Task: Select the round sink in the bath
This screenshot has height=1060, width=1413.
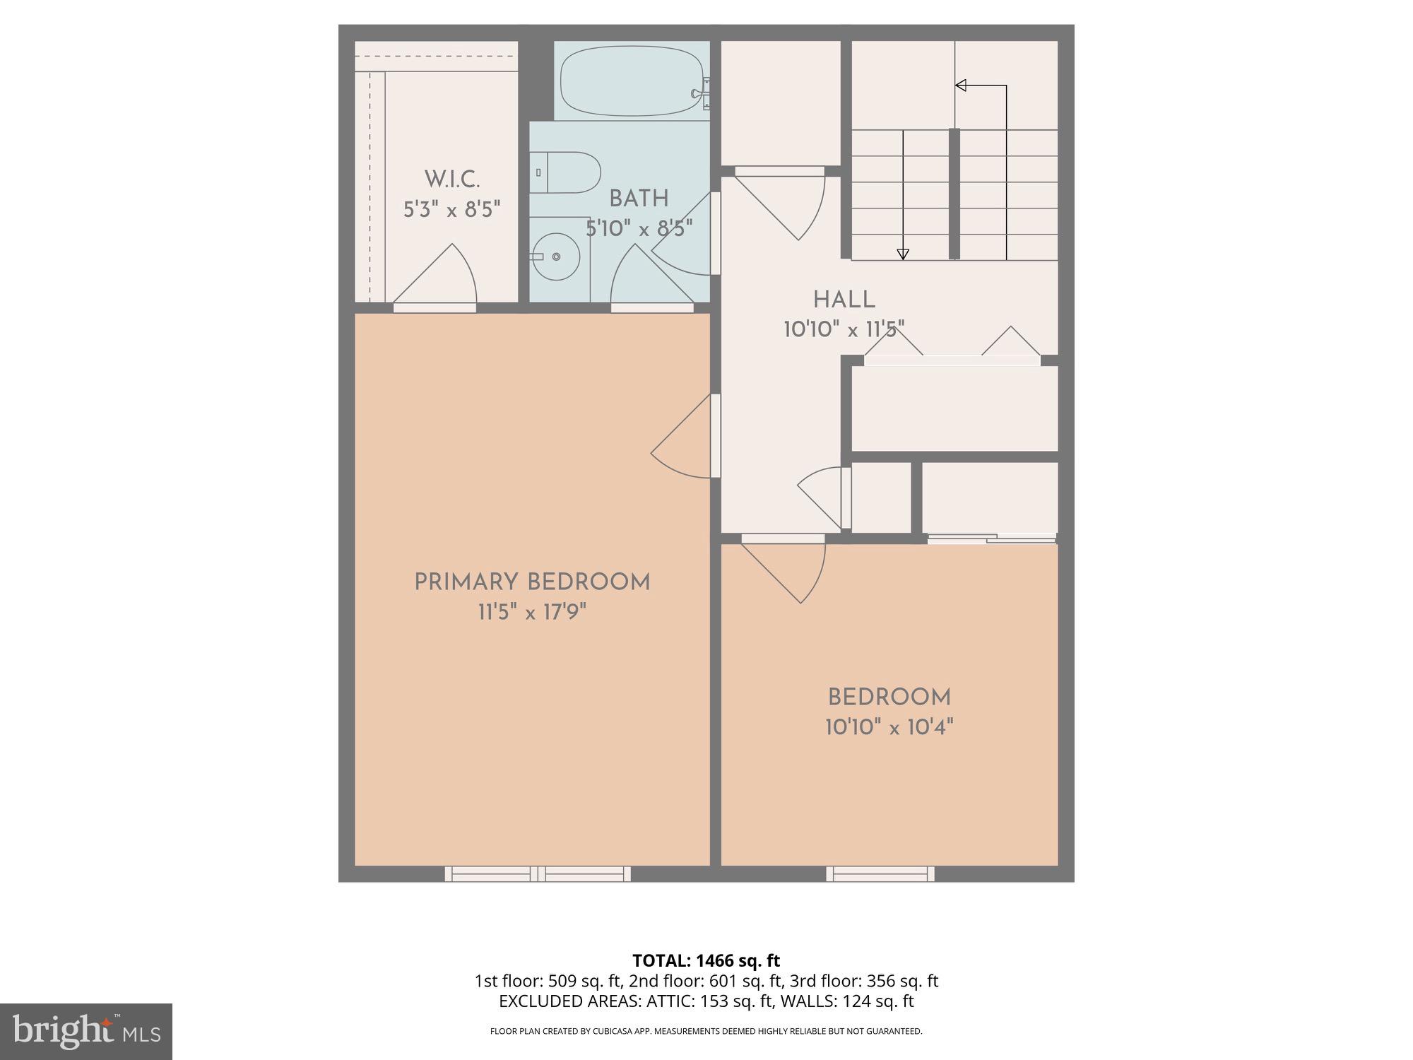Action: click(x=556, y=257)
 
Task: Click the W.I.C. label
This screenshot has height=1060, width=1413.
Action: click(x=452, y=179)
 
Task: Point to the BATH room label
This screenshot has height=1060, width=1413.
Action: click(x=639, y=199)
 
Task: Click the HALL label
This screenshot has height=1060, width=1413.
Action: click(x=844, y=300)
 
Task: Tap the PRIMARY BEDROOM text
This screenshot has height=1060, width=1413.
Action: click(x=532, y=583)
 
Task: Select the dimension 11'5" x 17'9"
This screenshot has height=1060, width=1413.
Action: click(x=532, y=612)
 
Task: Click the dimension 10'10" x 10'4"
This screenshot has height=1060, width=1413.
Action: click(x=889, y=727)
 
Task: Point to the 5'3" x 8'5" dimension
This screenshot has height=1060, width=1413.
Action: click(x=452, y=210)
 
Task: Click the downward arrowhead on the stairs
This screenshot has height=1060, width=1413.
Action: click(x=902, y=254)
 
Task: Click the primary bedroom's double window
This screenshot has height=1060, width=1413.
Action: click(x=538, y=874)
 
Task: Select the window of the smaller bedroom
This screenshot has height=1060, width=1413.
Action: click(x=880, y=874)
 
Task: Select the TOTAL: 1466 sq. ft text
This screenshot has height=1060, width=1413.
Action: click(x=706, y=960)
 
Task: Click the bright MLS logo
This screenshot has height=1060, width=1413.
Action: click(x=86, y=1032)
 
